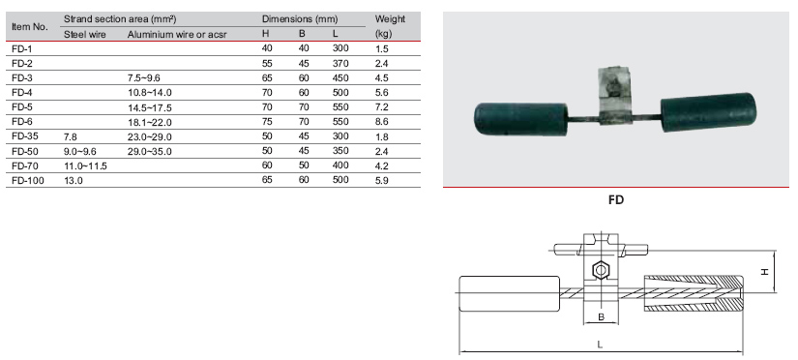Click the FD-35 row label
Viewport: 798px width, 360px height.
[x=22, y=136]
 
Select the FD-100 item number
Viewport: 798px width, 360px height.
[x=25, y=180]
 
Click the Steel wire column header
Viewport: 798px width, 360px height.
[x=85, y=34]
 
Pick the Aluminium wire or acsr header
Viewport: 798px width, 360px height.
[x=177, y=34]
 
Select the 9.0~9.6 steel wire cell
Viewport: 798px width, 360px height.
[x=80, y=151]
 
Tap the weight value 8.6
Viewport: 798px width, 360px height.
[x=382, y=122]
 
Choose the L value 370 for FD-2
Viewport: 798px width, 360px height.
[x=340, y=64]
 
